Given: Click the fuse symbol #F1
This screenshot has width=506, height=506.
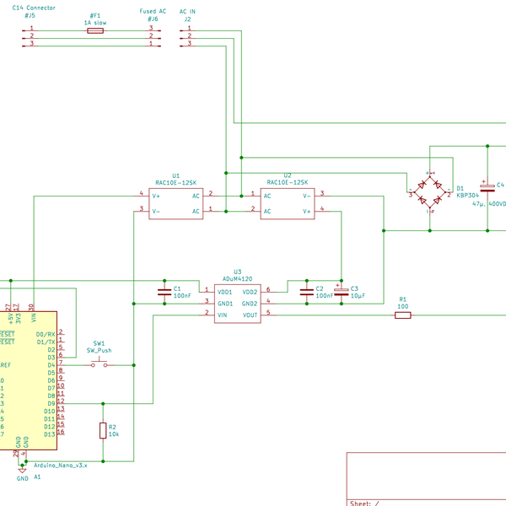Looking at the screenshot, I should tap(95, 30).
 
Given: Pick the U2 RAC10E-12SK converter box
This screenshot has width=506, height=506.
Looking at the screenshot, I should tap(287, 203).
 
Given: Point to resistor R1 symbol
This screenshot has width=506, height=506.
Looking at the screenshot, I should tap(403, 315).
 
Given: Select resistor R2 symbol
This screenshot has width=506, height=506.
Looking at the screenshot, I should tap(103, 431).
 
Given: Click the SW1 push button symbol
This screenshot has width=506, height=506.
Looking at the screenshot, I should tap(100, 363).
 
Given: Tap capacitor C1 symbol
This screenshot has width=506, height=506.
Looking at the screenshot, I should tap(164, 292).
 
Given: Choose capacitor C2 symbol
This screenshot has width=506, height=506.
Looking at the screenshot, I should tap(306, 292).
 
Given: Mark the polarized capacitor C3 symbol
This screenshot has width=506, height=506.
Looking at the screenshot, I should tap(341, 292).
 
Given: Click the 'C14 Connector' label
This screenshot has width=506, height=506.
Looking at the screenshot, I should tap(34, 8).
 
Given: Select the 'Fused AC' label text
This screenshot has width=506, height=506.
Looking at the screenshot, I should tap(153, 11).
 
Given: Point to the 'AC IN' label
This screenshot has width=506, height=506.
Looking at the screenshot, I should tap(187, 11).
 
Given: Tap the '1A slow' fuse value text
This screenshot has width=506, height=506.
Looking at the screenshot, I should tap(95, 22).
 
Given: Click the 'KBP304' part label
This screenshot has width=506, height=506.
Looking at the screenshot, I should tap(467, 195).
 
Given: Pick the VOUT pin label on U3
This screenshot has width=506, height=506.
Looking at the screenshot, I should tap(250, 315).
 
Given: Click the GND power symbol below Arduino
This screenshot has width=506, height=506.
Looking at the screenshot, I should tap(22, 470).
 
